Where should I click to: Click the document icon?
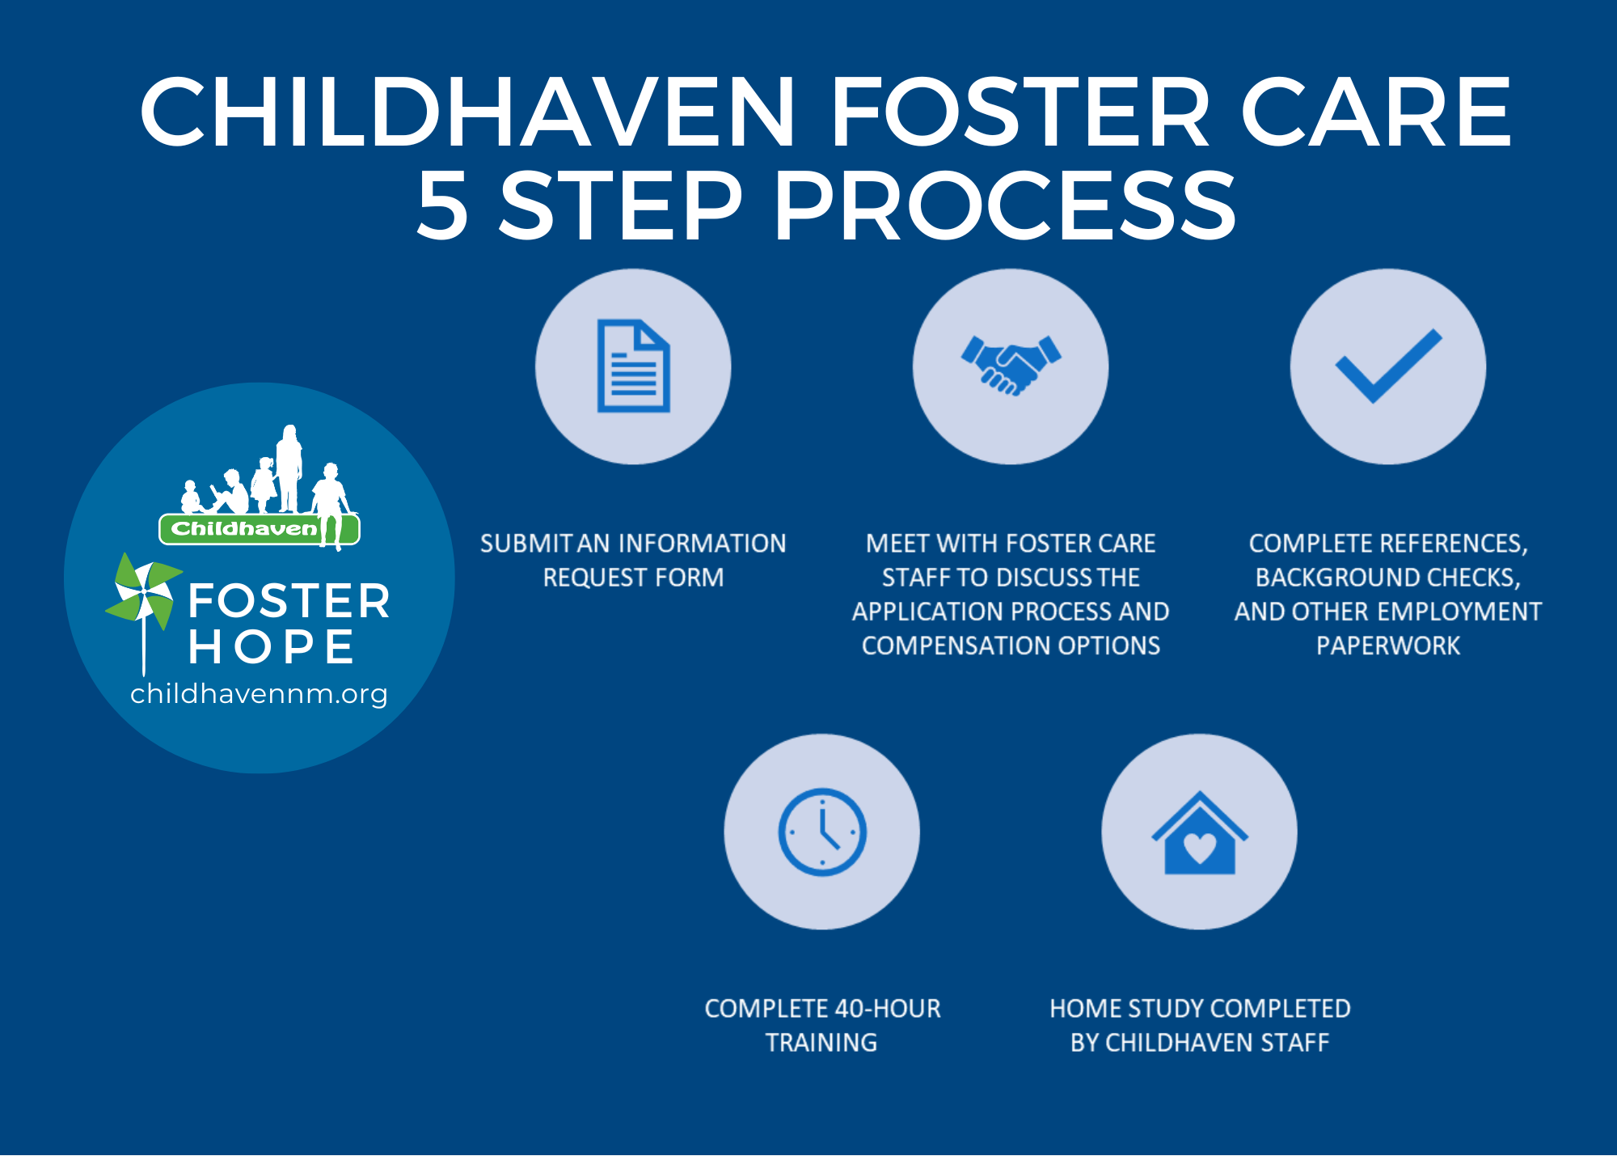click(x=633, y=366)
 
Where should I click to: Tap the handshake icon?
click(x=1011, y=365)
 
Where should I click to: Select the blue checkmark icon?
click(x=1388, y=366)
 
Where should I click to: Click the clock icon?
click(x=822, y=832)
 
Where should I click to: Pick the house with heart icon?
click(x=1200, y=832)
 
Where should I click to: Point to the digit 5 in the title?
click(x=442, y=205)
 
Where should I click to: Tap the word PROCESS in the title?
click(x=1005, y=205)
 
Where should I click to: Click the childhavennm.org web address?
click(x=259, y=694)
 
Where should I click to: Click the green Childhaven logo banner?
click(x=259, y=529)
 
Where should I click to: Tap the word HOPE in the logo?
click(x=271, y=647)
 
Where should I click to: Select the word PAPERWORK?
click(x=1388, y=646)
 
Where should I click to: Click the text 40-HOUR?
click(x=888, y=1009)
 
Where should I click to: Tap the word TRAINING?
click(x=821, y=1043)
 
